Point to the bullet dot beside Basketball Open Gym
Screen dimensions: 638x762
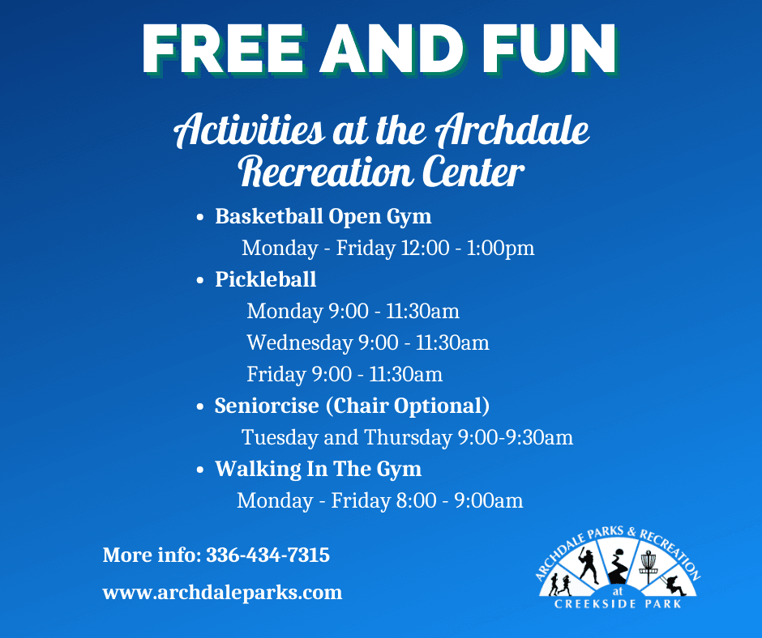click(x=200, y=219)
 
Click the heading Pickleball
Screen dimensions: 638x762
click(x=265, y=279)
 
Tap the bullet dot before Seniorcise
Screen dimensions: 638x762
click(x=200, y=407)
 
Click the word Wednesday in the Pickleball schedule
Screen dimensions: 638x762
click(x=299, y=342)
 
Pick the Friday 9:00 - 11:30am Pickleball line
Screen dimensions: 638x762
click(x=345, y=374)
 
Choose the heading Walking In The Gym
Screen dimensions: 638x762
click(x=318, y=469)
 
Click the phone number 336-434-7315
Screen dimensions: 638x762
click(x=268, y=556)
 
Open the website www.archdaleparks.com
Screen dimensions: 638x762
click(x=222, y=593)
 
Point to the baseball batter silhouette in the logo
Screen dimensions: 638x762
click(x=589, y=566)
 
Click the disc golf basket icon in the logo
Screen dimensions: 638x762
click(x=648, y=563)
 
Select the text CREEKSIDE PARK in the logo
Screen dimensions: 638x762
click(x=618, y=604)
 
